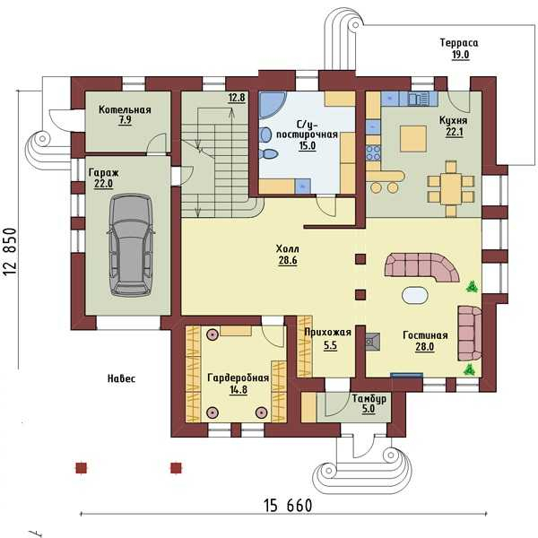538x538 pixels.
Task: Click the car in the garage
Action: click(x=131, y=245)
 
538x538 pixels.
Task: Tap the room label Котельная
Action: click(x=125, y=109)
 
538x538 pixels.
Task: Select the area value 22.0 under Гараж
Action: click(x=104, y=184)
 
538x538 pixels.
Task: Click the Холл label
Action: click(x=288, y=248)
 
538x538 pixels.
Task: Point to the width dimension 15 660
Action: click(x=288, y=506)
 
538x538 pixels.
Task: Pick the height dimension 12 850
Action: click(x=10, y=252)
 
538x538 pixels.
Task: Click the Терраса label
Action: click(x=459, y=43)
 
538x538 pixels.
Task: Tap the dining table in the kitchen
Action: click(x=451, y=189)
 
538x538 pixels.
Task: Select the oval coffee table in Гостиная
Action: click(x=415, y=295)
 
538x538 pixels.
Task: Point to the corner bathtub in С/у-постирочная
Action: click(x=271, y=105)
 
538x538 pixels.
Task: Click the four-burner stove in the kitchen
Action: click(x=374, y=152)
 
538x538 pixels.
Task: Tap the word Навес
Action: click(x=121, y=378)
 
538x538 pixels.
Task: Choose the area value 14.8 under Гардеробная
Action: click(x=239, y=390)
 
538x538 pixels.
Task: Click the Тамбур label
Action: click(x=369, y=399)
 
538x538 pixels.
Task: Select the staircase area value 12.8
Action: click(x=237, y=98)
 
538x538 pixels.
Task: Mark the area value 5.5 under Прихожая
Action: click(x=330, y=346)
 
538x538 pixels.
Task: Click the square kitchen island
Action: click(x=413, y=139)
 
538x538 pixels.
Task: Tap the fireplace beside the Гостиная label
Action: click(x=373, y=342)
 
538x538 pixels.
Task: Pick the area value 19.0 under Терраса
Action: click(x=460, y=55)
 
